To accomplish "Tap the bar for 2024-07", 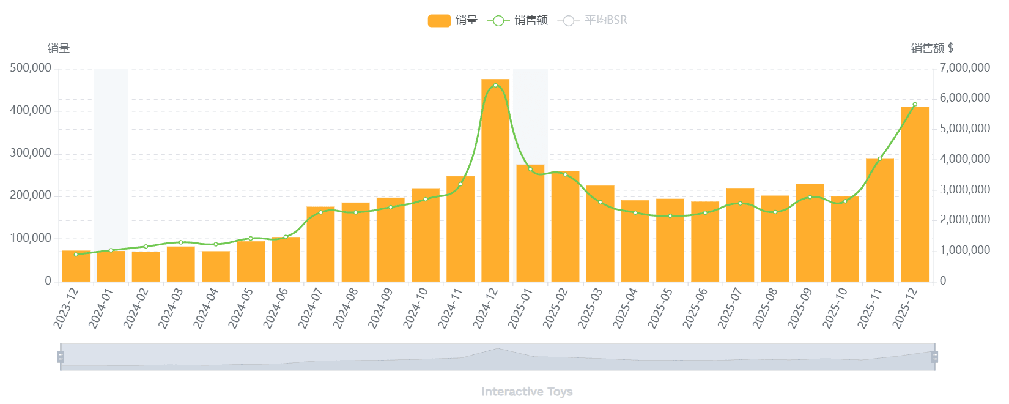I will pyautogui.click(x=320, y=244).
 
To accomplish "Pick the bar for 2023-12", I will pyautogui.click(x=76, y=266).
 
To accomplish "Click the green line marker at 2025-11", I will pyautogui.click(x=880, y=159).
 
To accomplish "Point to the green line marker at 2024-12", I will pyautogui.click(x=495, y=86).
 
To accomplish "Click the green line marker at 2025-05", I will pyautogui.click(x=670, y=216).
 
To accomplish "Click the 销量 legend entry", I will pyautogui.click(x=453, y=21).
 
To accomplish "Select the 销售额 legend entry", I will pyautogui.click(x=518, y=21).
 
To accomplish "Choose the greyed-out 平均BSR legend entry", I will pyautogui.click(x=593, y=21).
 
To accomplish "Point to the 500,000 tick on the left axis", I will pyautogui.click(x=31, y=68).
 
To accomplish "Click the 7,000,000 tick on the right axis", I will pyautogui.click(x=965, y=68).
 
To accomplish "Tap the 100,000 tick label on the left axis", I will pyautogui.click(x=31, y=238).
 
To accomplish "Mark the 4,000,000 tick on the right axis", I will pyautogui.click(x=965, y=159).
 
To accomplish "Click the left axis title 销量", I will pyautogui.click(x=59, y=48).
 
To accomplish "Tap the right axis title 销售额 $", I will pyautogui.click(x=932, y=48).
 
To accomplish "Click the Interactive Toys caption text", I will pyautogui.click(x=527, y=392).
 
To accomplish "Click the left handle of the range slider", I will pyautogui.click(x=61, y=357).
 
